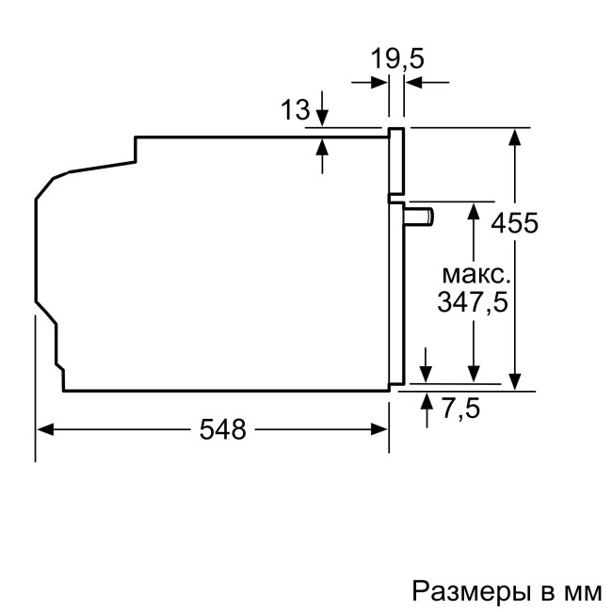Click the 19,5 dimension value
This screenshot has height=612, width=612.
[396, 59]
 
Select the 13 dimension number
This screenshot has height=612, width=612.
[295, 110]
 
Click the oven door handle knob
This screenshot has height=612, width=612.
[421, 216]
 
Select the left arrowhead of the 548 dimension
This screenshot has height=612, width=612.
[43, 429]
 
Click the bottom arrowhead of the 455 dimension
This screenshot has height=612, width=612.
[514, 380]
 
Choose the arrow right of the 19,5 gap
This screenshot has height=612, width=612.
[413, 83]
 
